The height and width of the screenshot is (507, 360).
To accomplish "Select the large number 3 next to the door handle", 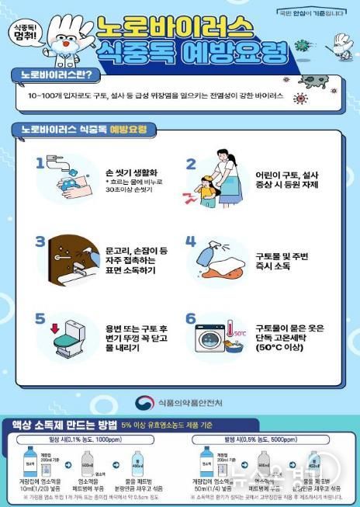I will (40, 241).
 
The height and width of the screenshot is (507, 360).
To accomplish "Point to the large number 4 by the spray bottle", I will (191, 241).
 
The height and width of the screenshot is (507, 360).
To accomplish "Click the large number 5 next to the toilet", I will (40, 318).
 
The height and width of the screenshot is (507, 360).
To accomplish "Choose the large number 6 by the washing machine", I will (191, 319).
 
